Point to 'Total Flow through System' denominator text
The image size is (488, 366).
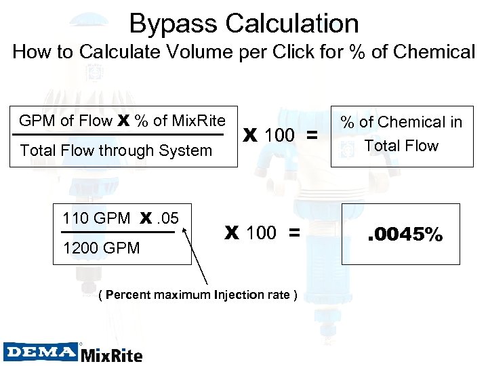click(117, 150)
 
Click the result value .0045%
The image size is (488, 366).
click(405, 235)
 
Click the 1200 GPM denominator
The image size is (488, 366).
click(100, 248)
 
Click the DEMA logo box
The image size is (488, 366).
click(41, 352)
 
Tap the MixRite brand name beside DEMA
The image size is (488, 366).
click(112, 354)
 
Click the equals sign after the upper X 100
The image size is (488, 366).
click(312, 136)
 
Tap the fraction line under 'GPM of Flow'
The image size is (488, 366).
click(122, 135)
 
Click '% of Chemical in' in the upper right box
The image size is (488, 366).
click(401, 122)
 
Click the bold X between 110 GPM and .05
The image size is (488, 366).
click(146, 219)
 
